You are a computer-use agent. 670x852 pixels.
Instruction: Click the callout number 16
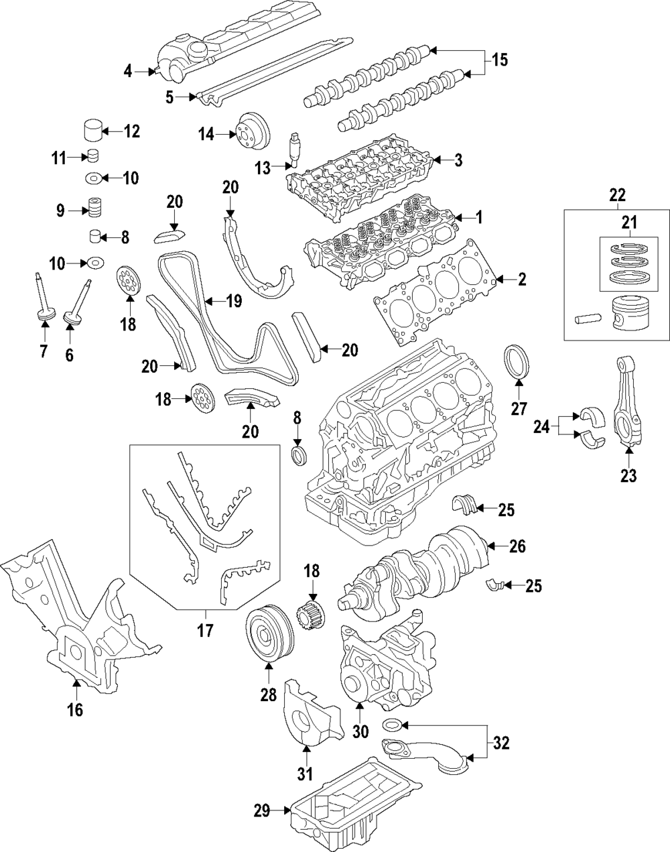[75, 710]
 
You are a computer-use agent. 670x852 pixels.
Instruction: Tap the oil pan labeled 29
[355, 808]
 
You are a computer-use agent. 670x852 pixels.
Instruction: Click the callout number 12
[131, 131]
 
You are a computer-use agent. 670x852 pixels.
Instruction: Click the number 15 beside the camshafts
[499, 61]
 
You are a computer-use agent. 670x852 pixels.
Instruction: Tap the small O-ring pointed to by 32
[392, 725]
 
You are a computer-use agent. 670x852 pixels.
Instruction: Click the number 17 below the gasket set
[204, 630]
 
